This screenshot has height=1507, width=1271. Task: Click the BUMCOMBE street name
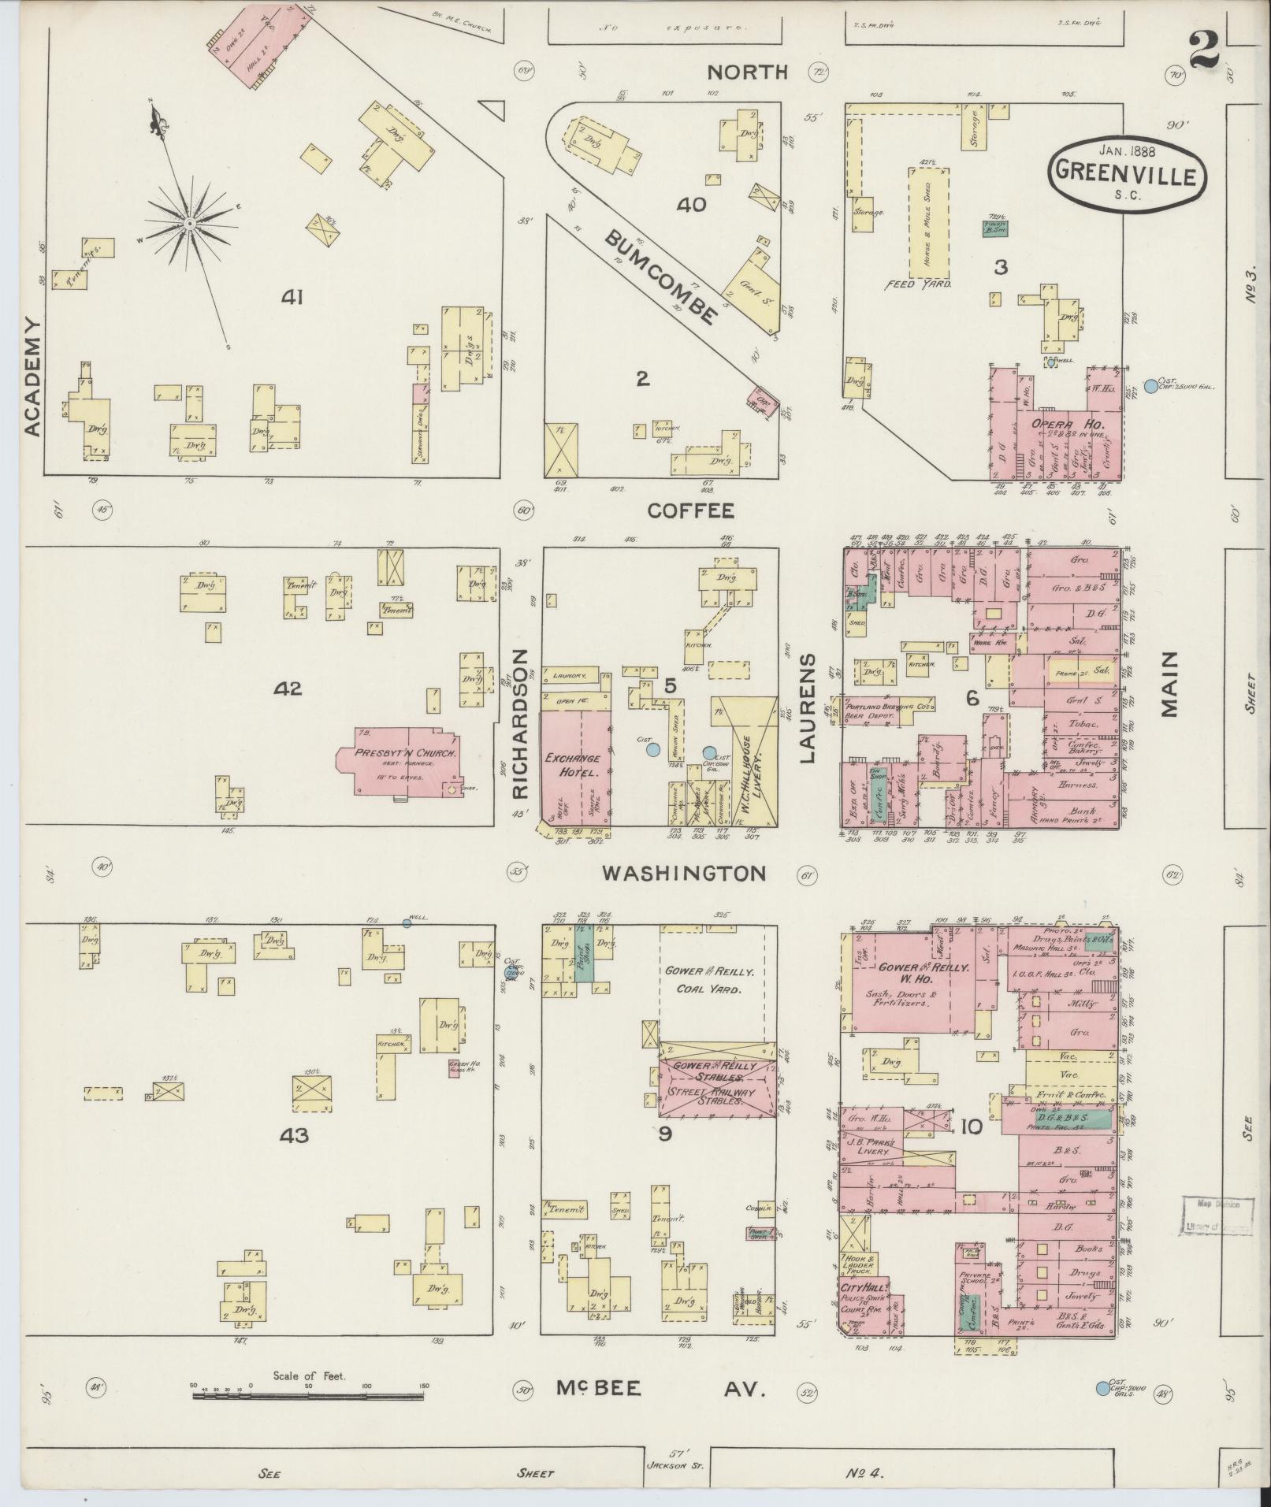pyautogui.click(x=662, y=278)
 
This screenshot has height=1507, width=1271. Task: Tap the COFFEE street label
pyautogui.click(x=690, y=510)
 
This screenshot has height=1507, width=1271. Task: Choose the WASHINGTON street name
pyautogui.click(x=684, y=873)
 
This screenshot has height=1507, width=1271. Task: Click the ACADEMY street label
pyautogui.click(x=32, y=377)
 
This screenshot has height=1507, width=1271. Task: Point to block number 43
pyautogui.click(x=289, y=1135)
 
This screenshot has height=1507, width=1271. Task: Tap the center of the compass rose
pyautogui.click(x=190, y=224)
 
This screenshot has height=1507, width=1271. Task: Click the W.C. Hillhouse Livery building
pyautogui.click(x=751, y=764)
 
